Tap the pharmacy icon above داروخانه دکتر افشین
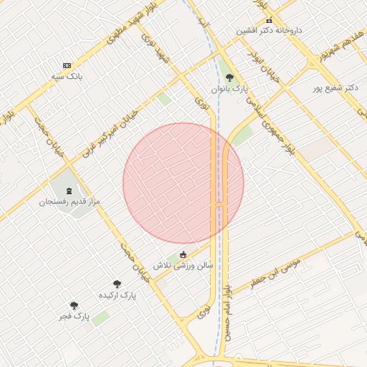click(269, 21)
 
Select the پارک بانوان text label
click(229, 87)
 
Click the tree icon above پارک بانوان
click(229, 77)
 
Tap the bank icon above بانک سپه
click(67, 65)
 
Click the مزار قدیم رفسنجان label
click(70, 202)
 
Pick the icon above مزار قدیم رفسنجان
click(69, 191)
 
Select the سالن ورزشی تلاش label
click(183, 265)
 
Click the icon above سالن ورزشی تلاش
click(183, 254)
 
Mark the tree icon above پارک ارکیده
click(117, 285)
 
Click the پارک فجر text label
click(74, 315)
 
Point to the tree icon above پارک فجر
click(74, 305)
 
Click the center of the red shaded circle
click(183, 183)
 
